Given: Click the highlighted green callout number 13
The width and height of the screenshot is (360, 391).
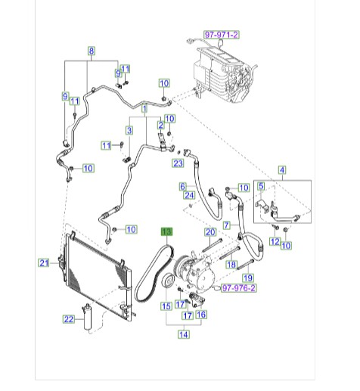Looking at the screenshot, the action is [x=167, y=231].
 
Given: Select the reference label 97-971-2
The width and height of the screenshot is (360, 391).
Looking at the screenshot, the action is [x=222, y=35].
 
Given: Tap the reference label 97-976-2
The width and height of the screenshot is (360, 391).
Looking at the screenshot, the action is [x=238, y=288].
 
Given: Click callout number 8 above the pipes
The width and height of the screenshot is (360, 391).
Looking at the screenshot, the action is [x=92, y=51].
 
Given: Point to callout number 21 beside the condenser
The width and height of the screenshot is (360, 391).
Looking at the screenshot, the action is [x=44, y=263].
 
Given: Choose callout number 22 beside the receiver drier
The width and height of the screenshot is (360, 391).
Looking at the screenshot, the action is [x=69, y=319].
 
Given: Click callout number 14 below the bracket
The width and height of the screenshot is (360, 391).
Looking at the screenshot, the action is [x=184, y=334].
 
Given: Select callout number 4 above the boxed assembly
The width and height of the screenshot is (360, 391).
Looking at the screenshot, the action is [x=282, y=170].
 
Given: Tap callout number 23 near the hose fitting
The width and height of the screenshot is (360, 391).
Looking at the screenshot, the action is [x=178, y=163].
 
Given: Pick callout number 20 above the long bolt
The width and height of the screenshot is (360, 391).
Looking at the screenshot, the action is [x=210, y=232].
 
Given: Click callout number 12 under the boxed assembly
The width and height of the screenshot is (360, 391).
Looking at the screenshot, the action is [x=275, y=241].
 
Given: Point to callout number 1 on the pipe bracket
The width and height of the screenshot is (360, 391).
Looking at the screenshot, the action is [x=144, y=109].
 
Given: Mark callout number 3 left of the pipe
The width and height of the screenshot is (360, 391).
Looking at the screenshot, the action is [x=129, y=130].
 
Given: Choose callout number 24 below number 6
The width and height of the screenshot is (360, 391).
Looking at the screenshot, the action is [x=189, y=195].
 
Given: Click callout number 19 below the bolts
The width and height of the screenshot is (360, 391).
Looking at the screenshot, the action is [x=247, y=278].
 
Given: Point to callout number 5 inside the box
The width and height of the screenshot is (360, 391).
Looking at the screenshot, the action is [x=261, y=186].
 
